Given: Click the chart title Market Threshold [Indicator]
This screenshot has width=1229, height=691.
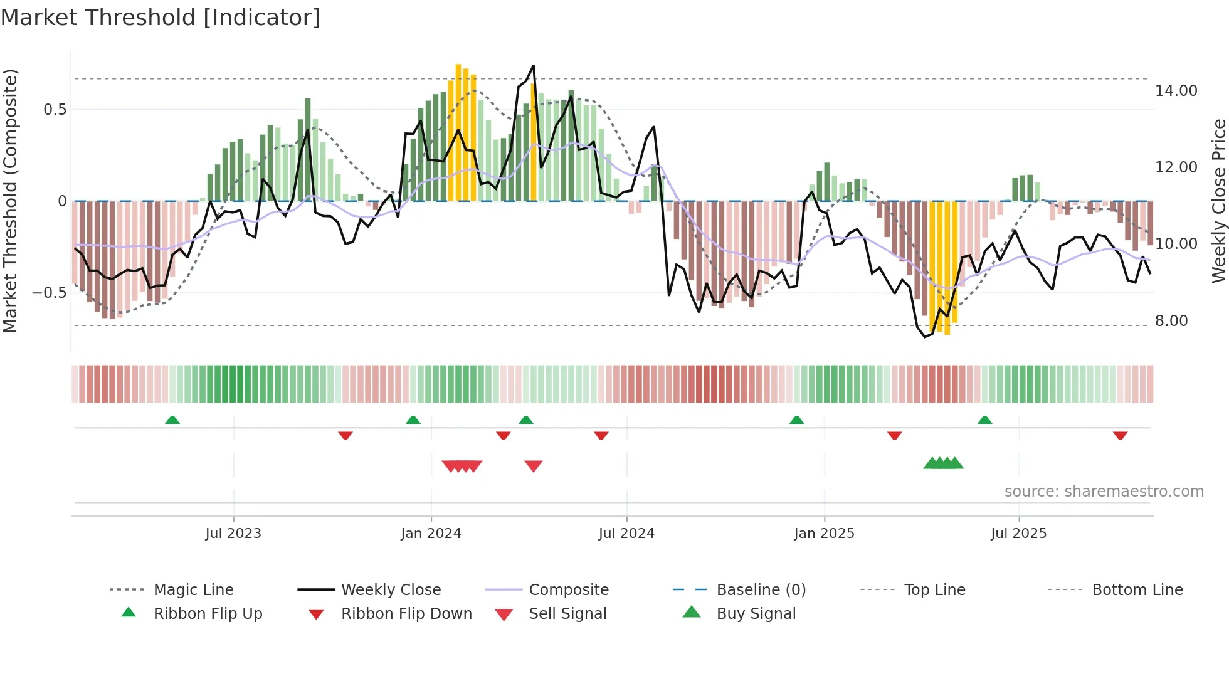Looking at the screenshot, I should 161,18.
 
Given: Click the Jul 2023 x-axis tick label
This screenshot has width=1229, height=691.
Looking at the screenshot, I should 233,534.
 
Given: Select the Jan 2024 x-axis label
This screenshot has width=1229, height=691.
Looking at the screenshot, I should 431,534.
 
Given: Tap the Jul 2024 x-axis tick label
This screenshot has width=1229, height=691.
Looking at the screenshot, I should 626,534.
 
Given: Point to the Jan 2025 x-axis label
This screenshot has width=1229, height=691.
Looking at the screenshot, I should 824,534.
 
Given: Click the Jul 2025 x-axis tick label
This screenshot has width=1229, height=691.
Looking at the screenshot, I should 1018,534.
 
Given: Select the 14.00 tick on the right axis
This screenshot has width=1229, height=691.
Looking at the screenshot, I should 1176,91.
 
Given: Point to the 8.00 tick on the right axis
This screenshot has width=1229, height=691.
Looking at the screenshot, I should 1171,321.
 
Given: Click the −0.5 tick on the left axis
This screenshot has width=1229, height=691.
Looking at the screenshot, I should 49,293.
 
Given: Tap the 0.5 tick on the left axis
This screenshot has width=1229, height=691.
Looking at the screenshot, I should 55,110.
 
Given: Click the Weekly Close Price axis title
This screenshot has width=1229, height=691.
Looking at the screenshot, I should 1218,201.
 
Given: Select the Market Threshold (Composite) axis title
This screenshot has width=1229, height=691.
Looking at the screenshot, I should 10,201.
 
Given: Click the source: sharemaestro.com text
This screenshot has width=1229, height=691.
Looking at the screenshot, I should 1104,492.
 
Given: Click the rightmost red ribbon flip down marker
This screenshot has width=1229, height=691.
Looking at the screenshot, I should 1120,435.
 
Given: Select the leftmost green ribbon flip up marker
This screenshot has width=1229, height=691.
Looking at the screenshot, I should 172,420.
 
